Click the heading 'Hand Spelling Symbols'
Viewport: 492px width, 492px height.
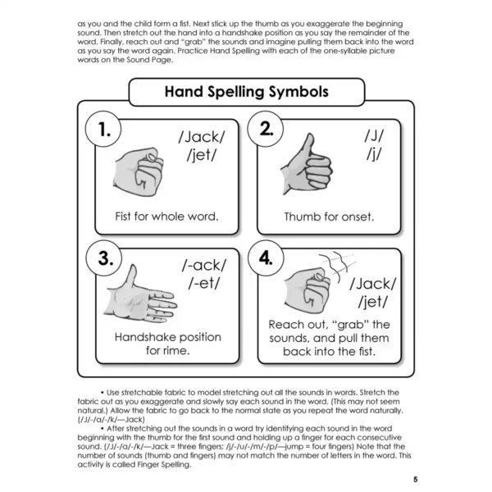pyautogui.click(x=247, y=92)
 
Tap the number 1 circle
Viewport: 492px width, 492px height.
pyautogui.click(x=103, y=129)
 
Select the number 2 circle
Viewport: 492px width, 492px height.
pyautogui.click(x=266, y=129)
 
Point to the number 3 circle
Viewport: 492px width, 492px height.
pyautogui.click(x=104, y=258)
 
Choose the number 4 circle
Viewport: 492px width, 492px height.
pyautogui.click(x=266, y=258)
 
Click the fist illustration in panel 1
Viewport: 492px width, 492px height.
pyautogui.click(x=139, y=172)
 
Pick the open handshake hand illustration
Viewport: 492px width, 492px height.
pyautogui.click(x=140, y=294)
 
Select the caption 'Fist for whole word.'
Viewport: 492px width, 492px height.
pyautogui.click(x=166, y=216)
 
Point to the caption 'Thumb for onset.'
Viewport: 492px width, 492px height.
pyautogui.click(x=329, y=216)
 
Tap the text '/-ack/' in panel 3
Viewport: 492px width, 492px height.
pyautogui.click(x=204, y=266)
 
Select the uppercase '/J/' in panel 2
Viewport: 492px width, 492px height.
pyautogui.click(x=374, y=136)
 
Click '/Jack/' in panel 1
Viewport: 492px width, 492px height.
pyautogui.click(x=202, y=137)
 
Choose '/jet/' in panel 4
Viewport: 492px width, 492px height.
pyautogui.click(x=373, y=302)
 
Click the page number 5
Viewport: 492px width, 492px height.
pyautogui.click(x=416, y=480)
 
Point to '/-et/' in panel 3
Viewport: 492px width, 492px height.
pyautogui.click(x=204, y=284)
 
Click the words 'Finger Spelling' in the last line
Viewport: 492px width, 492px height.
pyautogui.click(x=163, y=465)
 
